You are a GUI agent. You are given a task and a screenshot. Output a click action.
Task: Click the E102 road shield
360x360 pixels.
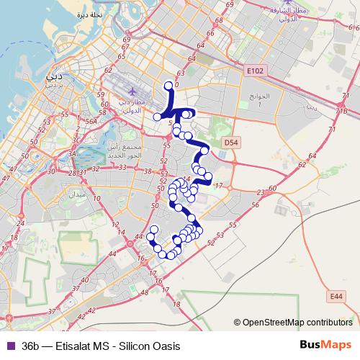point(254,71)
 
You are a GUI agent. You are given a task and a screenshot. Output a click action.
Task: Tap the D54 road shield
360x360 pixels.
point(231,143)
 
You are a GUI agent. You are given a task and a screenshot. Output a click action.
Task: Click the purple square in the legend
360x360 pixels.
point(9,346)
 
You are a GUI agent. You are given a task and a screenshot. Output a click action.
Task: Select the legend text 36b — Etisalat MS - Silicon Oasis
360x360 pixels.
point(100,346)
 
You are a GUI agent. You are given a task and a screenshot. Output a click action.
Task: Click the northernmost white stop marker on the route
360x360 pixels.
point(169,85)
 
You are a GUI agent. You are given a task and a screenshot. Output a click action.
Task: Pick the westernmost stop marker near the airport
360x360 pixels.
point(158,117)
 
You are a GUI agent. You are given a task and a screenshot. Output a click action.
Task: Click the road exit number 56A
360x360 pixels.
point(91,122)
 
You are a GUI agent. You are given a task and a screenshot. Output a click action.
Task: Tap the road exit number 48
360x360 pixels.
point(146,292)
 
